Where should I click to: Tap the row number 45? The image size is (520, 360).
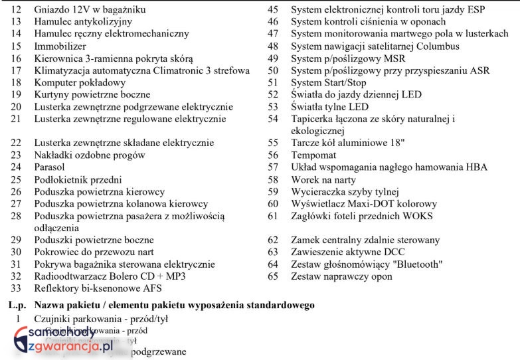click(272, 10)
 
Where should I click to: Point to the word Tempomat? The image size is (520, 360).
click(313, 155)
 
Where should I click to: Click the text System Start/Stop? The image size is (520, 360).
click(328, 82)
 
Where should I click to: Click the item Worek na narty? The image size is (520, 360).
click(323, 179)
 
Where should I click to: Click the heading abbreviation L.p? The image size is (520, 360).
click(17, 306)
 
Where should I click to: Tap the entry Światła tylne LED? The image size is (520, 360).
click(330, 107)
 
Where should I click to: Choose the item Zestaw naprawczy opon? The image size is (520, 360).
click(341, 276)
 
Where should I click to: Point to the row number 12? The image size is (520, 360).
click(17, 10)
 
